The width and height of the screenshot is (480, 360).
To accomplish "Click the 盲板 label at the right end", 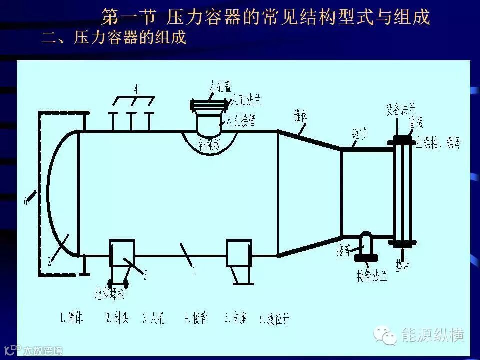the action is pos(416,121).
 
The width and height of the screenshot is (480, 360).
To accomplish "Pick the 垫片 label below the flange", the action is pos(402,263).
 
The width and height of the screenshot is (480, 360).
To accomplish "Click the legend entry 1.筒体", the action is pos(71,318).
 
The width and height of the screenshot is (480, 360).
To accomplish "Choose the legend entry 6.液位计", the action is pos(274,318).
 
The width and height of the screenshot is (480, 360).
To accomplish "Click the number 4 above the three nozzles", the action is pos(135,89).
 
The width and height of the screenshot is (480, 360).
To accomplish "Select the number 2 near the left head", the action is pos(50,260).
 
